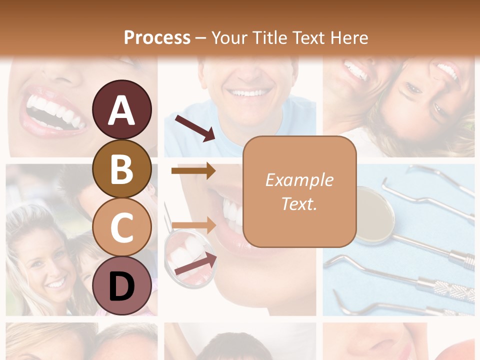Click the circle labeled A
pos(122,109)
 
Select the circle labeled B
pos(122,168)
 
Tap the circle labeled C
pos(122,227)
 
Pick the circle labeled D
pos(122,286)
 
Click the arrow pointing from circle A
pos(195,128)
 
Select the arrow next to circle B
pos(193,170)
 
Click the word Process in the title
pos(157,37)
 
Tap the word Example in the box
pos(299,180)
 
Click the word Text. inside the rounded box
pos(299,203)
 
